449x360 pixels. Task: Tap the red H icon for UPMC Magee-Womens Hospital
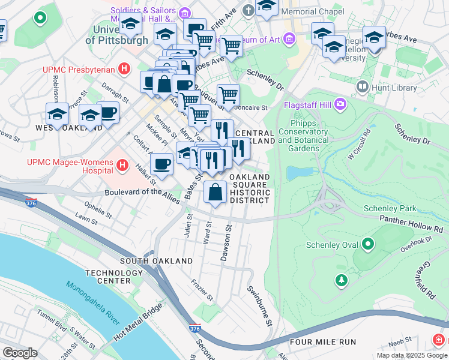click(x=122, y=164)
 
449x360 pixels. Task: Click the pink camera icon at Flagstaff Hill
click(x=340, y=105)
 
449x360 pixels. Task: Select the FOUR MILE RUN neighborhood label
click(x=323, y=343)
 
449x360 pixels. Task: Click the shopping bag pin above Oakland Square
click(x=215, y=193)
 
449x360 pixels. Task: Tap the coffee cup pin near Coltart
click(x=161, y=163)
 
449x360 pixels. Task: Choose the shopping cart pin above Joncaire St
click(x=228, y=95)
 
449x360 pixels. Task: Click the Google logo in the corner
click(x=20, y=353)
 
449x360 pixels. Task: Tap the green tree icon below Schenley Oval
click(x=341, y=280)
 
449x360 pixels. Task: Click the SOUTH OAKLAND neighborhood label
click(x=156, y=261)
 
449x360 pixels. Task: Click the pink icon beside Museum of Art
click(x=290, y=40)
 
